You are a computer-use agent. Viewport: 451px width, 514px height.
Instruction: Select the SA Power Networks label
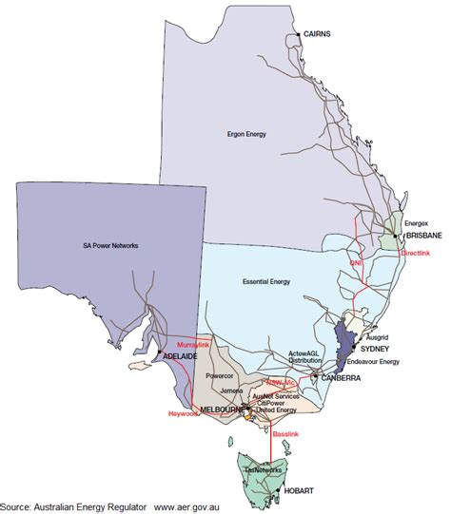tap(110, 245)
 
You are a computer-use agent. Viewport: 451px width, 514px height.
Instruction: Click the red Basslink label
tap(286, 434)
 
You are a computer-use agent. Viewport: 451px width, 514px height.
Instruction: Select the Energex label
tap(417, 222)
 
